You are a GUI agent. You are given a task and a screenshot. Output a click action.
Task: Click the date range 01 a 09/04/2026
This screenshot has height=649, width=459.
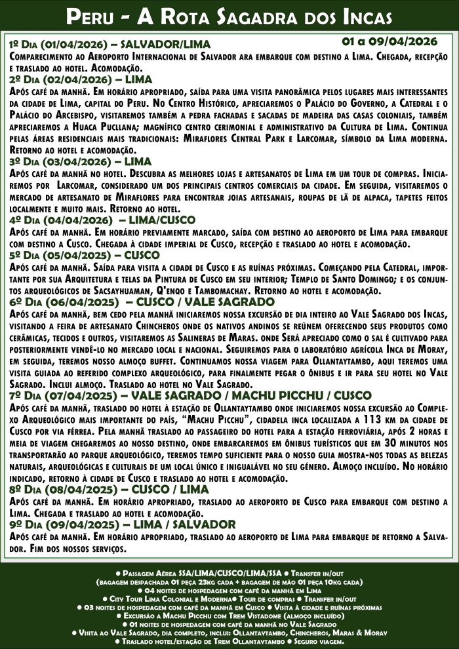389,41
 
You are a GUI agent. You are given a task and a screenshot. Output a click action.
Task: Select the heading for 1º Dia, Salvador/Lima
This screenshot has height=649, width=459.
110,44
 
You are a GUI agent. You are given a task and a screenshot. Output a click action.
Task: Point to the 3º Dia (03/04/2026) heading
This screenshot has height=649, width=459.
81,161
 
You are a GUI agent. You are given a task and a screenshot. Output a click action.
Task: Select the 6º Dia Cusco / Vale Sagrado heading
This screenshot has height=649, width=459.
141,302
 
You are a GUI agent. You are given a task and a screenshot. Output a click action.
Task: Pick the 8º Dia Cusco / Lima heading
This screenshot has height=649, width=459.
109,490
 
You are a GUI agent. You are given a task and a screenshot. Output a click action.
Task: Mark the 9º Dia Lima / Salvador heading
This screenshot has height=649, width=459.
123,524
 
